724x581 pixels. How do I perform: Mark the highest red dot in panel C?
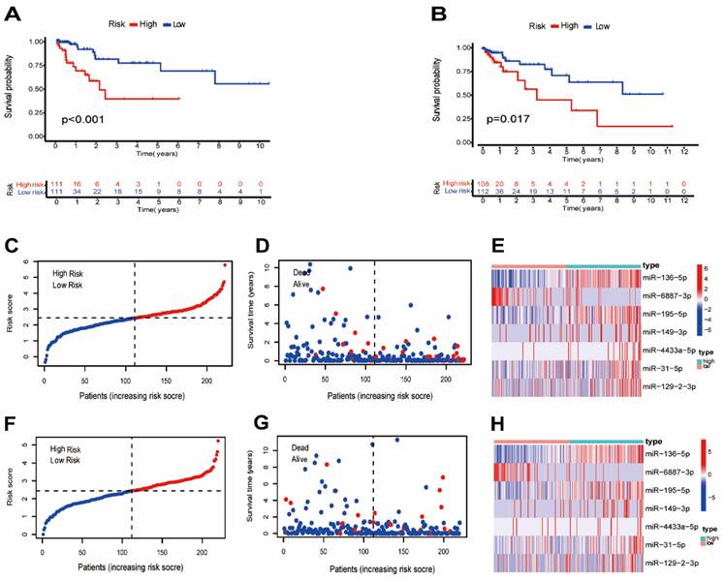click(x=225, y=265)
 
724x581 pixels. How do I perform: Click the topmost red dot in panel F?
click(x=218, y=441)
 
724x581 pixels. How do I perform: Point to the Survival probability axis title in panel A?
click(x=9, y=87)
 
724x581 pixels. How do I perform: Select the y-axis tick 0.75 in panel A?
click(x=36, y=65)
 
